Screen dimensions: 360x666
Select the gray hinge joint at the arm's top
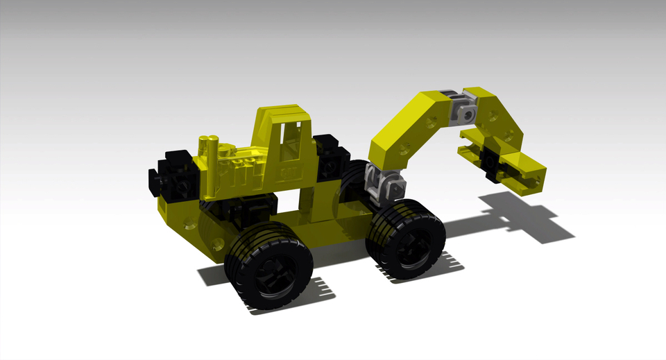[x=465, y=111]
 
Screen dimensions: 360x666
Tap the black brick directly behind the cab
[x=329, y=156]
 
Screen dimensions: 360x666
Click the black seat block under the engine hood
[x=239, y=208]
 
